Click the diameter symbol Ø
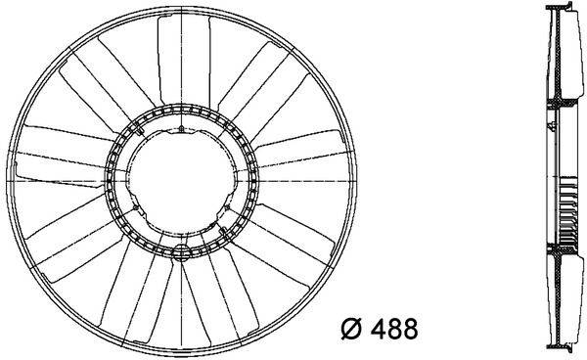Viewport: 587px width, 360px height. (351, 329)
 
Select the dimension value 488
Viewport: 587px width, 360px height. (394, 329)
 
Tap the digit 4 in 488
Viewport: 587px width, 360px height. (378, 329)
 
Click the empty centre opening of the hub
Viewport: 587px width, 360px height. (182, 181)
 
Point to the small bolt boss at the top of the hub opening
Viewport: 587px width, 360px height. (181, 129)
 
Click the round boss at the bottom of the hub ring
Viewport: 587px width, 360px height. (182, 252)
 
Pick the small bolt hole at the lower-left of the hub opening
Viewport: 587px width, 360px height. (136, 207)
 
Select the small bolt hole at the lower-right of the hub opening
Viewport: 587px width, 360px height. (228, 207)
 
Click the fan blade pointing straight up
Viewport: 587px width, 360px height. (184, 60)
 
